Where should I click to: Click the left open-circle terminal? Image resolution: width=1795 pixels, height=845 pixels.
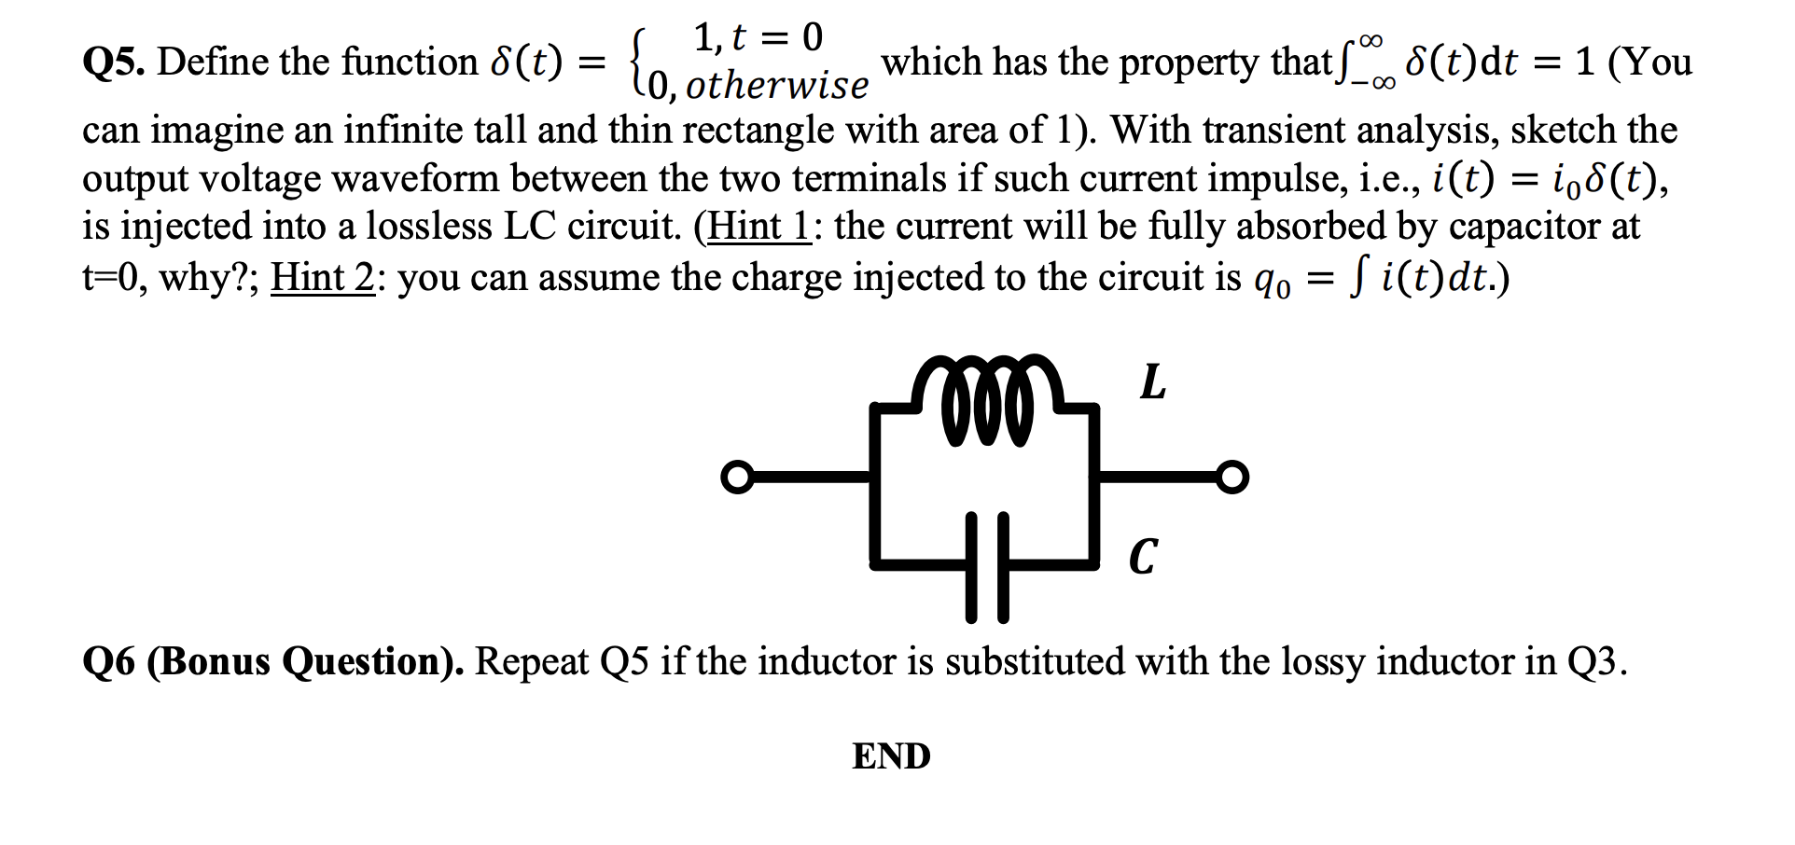pyautogui.click(x=736, y=478)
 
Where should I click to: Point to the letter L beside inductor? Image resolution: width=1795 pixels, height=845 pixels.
pyautogui.click(x=1153, y=382)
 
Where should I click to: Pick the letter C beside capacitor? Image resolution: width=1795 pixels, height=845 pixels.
pyautogui.click(x=1143, y=558)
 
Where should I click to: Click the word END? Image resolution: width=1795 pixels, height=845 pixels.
pyautogui.click(x=891, y=756)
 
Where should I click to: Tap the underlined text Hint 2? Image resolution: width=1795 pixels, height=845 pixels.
pyautogui.click(x=322, y=277)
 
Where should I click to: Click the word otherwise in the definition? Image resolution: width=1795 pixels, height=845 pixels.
pyautogui.click(x=776, y=86)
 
